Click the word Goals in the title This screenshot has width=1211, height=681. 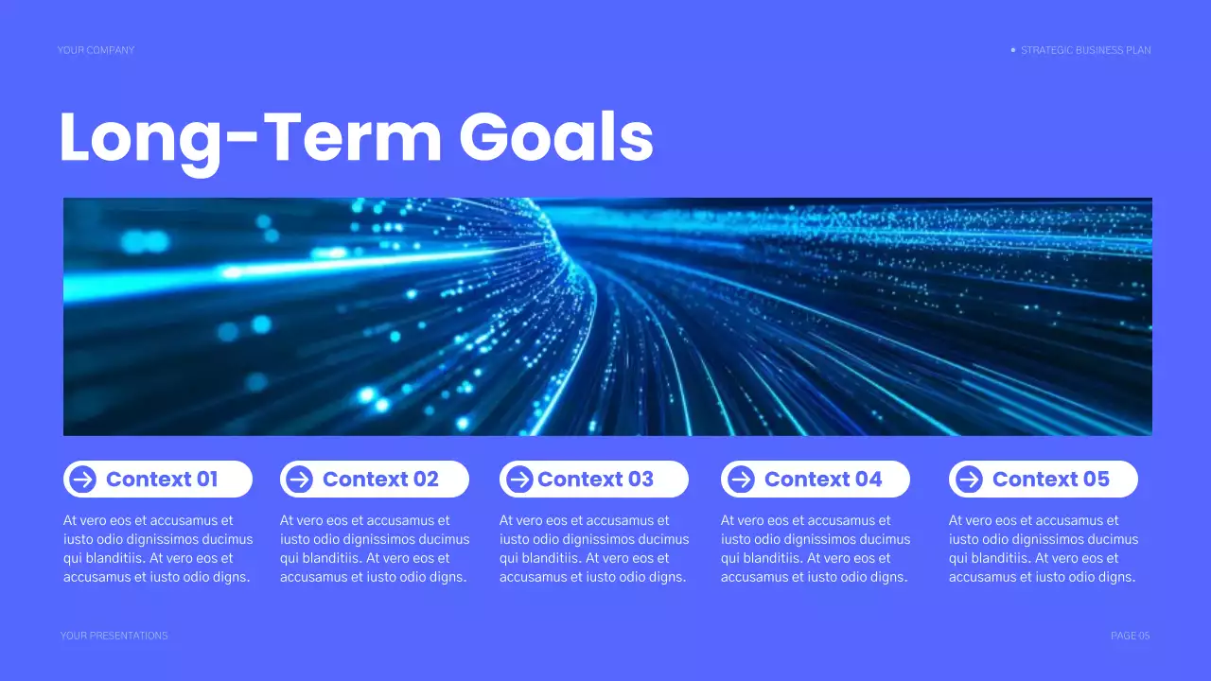pyautogui.click(x=556, y=138)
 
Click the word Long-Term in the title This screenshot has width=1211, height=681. pyautogui.click(x=251, y=138)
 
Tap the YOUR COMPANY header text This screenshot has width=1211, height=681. pyautogui.click(x=96, y=50)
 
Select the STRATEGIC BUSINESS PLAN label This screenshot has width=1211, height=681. pyautogui.click(x=1086, y=50)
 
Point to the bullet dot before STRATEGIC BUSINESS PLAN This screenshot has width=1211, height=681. pyautogui.click(x=1013, y=50)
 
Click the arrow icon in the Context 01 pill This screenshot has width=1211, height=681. pyautogui.click(x=83, y=480)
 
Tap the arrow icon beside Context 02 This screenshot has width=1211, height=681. pyautogui.click(x=299, y=480)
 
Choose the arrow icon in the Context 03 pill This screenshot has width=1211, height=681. pyautogui.click(x=519, y=480)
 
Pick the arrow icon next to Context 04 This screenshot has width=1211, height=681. pyautogui.click(x=741, y=480)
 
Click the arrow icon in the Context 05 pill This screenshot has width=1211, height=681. pyautogui.click(x=969, y=480)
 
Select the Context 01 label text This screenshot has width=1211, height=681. pyautogui.click(x=162, y=480)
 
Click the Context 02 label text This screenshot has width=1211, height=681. pyautogui.click(x=380, y=480)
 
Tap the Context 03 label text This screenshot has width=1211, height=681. pyautogui.click(x=595, y=480)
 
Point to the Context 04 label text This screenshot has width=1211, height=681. pyautogui.click(x=823, y=480)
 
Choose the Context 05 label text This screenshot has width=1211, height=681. pyautogui.click(x=1050, y=480)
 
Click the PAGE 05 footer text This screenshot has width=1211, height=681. pyautogui.click(x=1130, y=636)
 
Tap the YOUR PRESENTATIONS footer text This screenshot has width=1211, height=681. pyautogui.click(x=114, y=636)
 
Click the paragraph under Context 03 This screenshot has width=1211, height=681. pyautogui.click(x=594, y=549)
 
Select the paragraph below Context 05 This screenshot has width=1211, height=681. pyautogui.click(x=1044, y=549)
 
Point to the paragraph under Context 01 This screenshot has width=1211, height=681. pyautogui.click(x=158, y=549)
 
